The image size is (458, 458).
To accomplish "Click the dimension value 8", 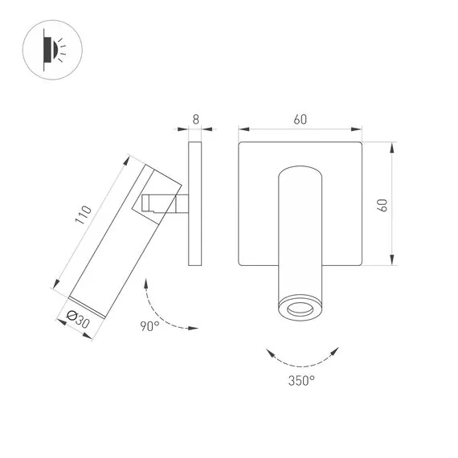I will pyautogui.click(x=194, y=119).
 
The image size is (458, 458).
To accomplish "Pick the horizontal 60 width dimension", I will pyautogui.click(x=301, y=120).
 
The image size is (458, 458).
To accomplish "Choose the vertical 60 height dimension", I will pyautogui.click(x=383, y=204).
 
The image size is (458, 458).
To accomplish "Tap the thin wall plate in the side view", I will pyautogui.click(x=194, y=204).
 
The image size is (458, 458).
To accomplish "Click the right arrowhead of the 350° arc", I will pyautogui.click(x=337, y=350).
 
